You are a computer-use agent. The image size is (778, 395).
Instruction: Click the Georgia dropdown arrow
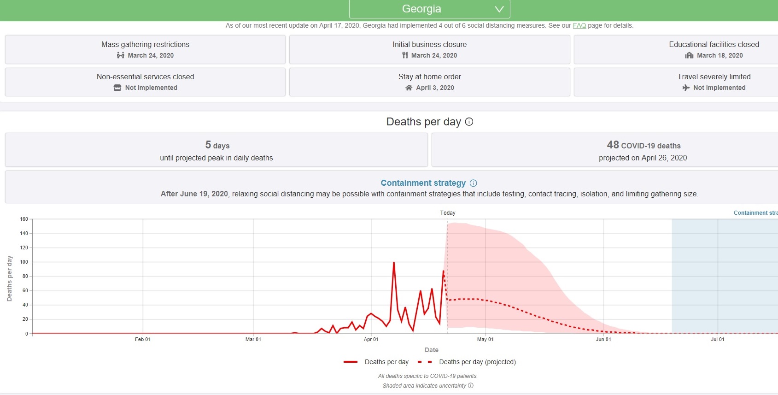coord(499,9)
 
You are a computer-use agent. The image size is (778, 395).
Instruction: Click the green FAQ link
coord(579,26)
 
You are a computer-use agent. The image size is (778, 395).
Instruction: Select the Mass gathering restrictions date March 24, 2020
coord(151,55)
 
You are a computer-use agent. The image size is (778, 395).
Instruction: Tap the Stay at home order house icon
coord(409,88)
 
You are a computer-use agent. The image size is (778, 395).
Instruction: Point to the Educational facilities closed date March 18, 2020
coord(720,55)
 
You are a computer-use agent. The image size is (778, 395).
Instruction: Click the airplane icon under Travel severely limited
coord(686,88)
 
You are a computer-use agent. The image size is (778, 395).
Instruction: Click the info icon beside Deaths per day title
coord(469,122)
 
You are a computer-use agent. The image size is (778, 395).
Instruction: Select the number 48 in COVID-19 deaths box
coord(613,145)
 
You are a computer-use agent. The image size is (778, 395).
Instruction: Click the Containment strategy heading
coord(423,183)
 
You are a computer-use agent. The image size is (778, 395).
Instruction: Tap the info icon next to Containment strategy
coord(473,183)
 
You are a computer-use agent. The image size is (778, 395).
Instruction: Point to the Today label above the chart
coord(447,213)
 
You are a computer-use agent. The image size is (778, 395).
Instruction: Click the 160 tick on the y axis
coord(24,219)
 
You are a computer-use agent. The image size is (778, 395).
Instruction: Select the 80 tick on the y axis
coord(25,276)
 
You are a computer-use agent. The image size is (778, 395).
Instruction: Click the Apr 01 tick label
coord(371,339)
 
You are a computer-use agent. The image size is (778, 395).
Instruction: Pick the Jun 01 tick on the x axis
coord(603,339)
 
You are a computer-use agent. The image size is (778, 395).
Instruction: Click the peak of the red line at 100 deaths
coord(394,262)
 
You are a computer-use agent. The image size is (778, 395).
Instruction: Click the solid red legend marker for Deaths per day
coord(351,362)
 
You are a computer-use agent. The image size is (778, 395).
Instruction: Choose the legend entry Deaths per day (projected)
coord(477,362)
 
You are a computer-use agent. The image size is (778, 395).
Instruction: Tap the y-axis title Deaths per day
coord(9,279)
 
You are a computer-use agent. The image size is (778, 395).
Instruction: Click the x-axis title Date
coord(431,350)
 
